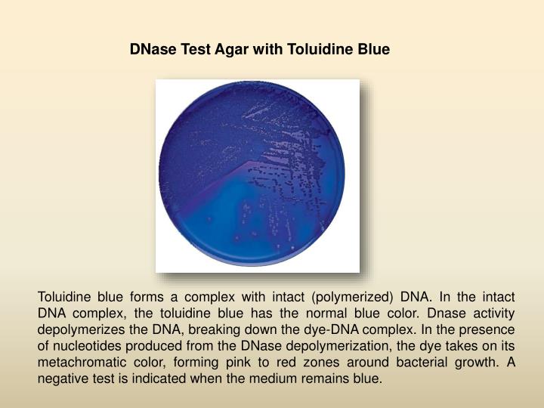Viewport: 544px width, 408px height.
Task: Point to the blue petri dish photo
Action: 257,175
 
